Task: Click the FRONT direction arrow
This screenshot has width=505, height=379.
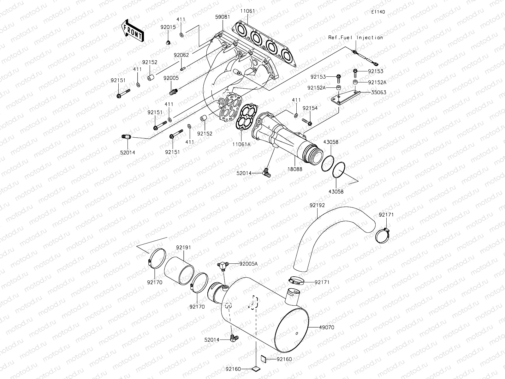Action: coord(133,30)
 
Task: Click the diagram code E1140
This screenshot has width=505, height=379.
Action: coord(378,12)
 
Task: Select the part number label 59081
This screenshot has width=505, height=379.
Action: coord(223,18)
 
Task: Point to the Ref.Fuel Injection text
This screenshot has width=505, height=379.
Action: coord(356,37)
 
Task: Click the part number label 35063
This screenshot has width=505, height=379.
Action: coord(378,93)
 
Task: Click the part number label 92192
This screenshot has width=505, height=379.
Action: coord(317,205)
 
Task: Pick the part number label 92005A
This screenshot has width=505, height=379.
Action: coord(248,263)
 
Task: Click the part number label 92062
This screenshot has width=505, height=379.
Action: coord(181,55)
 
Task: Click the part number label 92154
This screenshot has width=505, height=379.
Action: coord(310,108)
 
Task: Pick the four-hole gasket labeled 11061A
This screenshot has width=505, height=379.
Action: coord(246,118)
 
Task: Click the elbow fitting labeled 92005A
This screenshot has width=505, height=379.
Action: coord(223,265)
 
